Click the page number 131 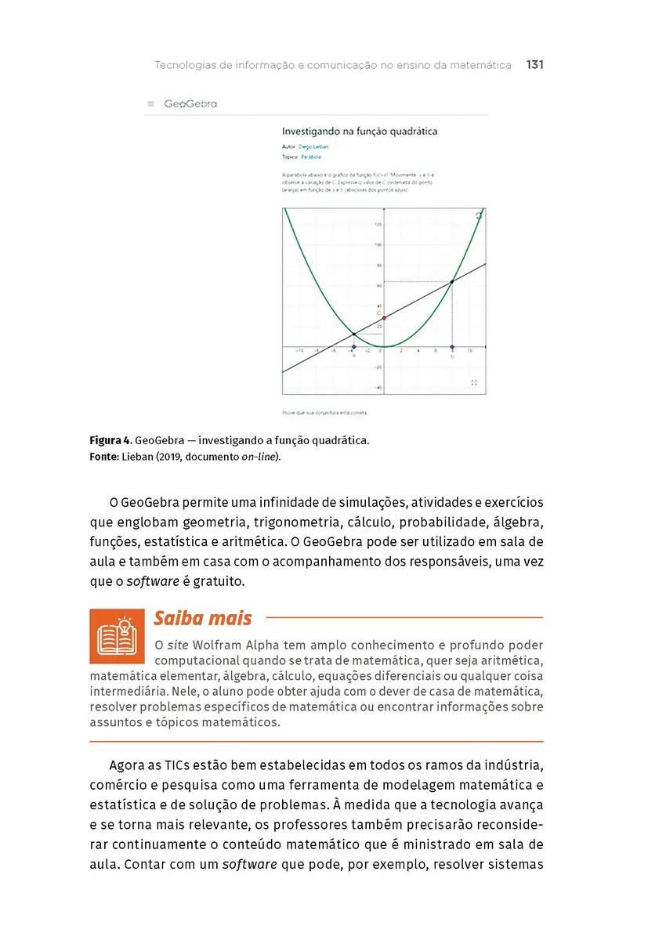click(535, 65)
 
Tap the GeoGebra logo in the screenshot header click(190, 103)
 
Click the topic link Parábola click(311, 157)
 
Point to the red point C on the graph click(384, 318)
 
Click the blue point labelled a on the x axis click(353, 347)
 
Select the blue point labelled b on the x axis click(452, 347)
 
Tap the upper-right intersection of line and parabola click(452, 281)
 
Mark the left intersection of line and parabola click(353, 334)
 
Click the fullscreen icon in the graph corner click(475, 382)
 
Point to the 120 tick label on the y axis click(378, 225)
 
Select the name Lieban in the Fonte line click(137, 457)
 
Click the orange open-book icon click(117, 636)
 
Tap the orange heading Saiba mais click(202, 618)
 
